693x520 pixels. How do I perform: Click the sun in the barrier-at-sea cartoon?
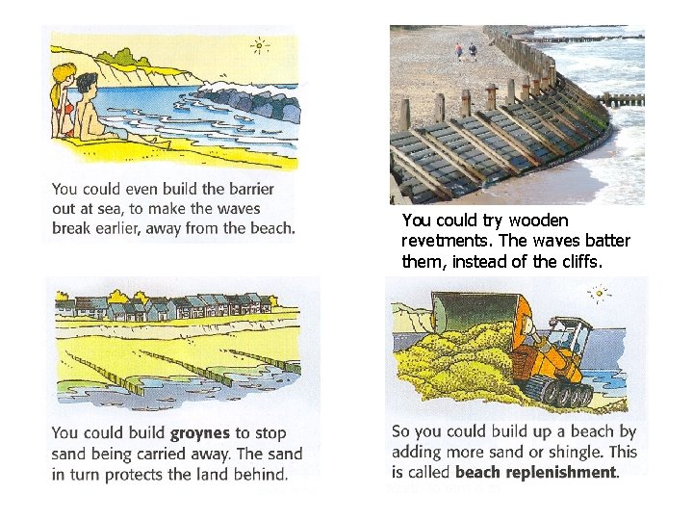(x=258, y=44)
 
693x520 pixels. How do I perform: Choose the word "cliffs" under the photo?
(x=603, y=261)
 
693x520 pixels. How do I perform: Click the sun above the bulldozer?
(x=599, y=293)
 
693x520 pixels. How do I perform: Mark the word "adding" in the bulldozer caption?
(x=416, y=452)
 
